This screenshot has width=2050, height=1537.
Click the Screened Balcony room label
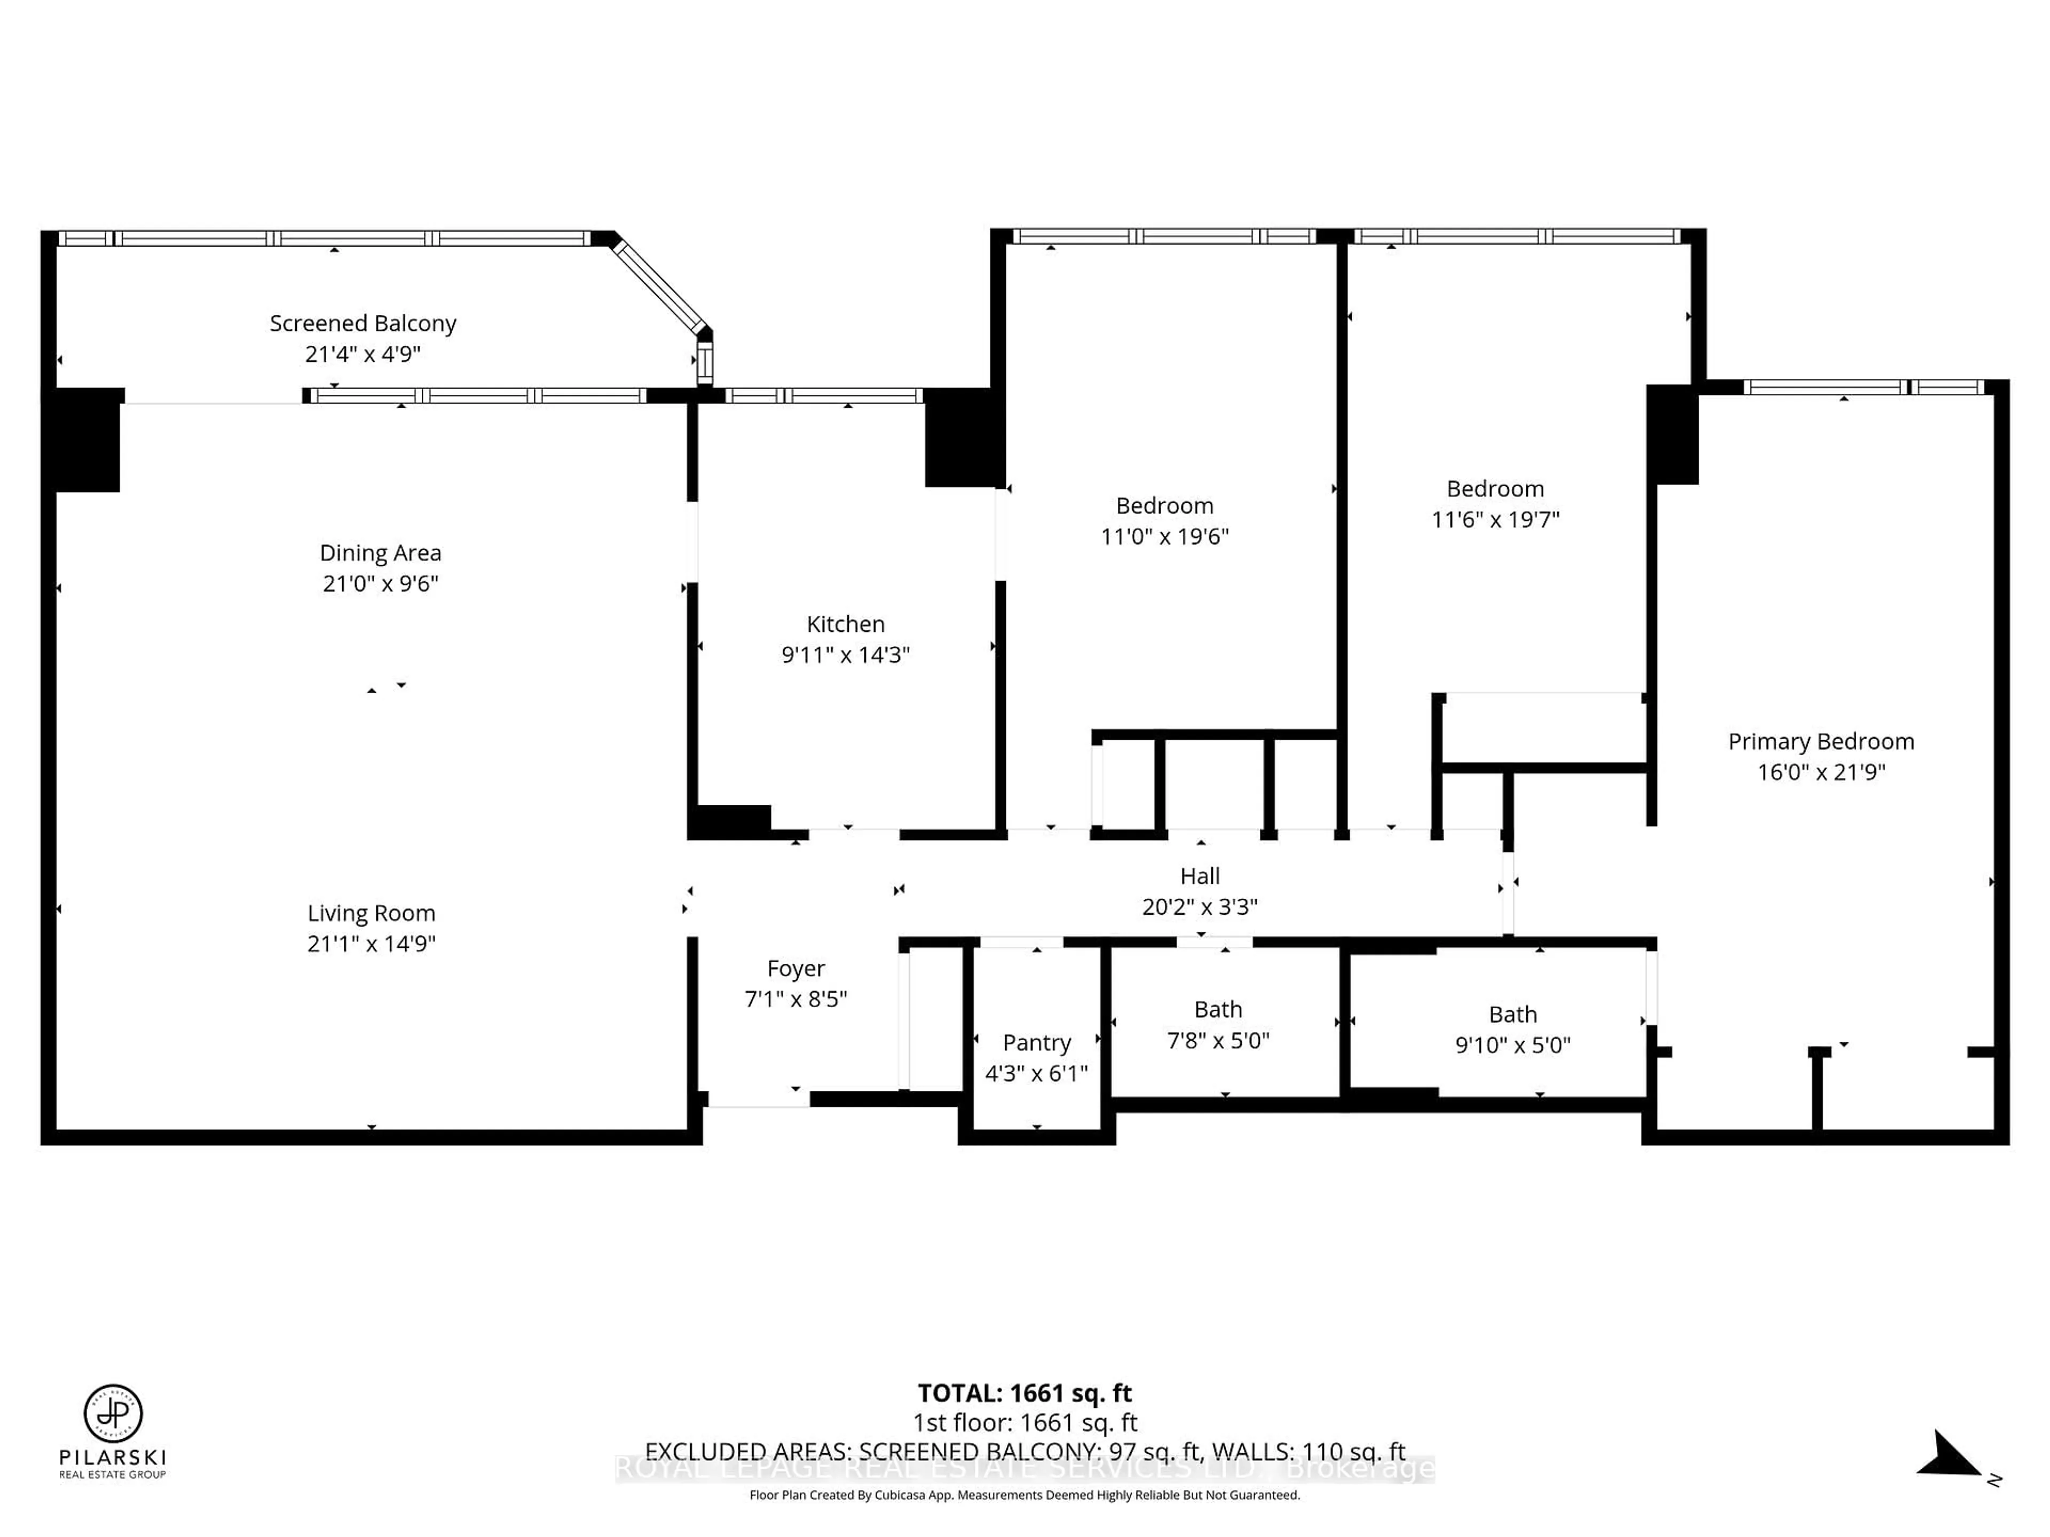362,323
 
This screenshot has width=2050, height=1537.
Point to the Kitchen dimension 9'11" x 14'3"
845,655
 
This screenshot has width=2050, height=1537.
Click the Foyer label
795,968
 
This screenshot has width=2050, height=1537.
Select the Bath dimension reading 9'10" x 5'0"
1512,1045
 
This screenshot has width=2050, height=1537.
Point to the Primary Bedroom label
1820,741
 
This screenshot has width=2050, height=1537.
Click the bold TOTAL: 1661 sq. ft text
1024,1392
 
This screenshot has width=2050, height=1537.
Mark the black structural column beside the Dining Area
85,440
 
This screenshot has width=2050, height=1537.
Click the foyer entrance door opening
758,1100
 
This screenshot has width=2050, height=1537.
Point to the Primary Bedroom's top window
1863,387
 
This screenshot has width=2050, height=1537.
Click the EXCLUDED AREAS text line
1024,1451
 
